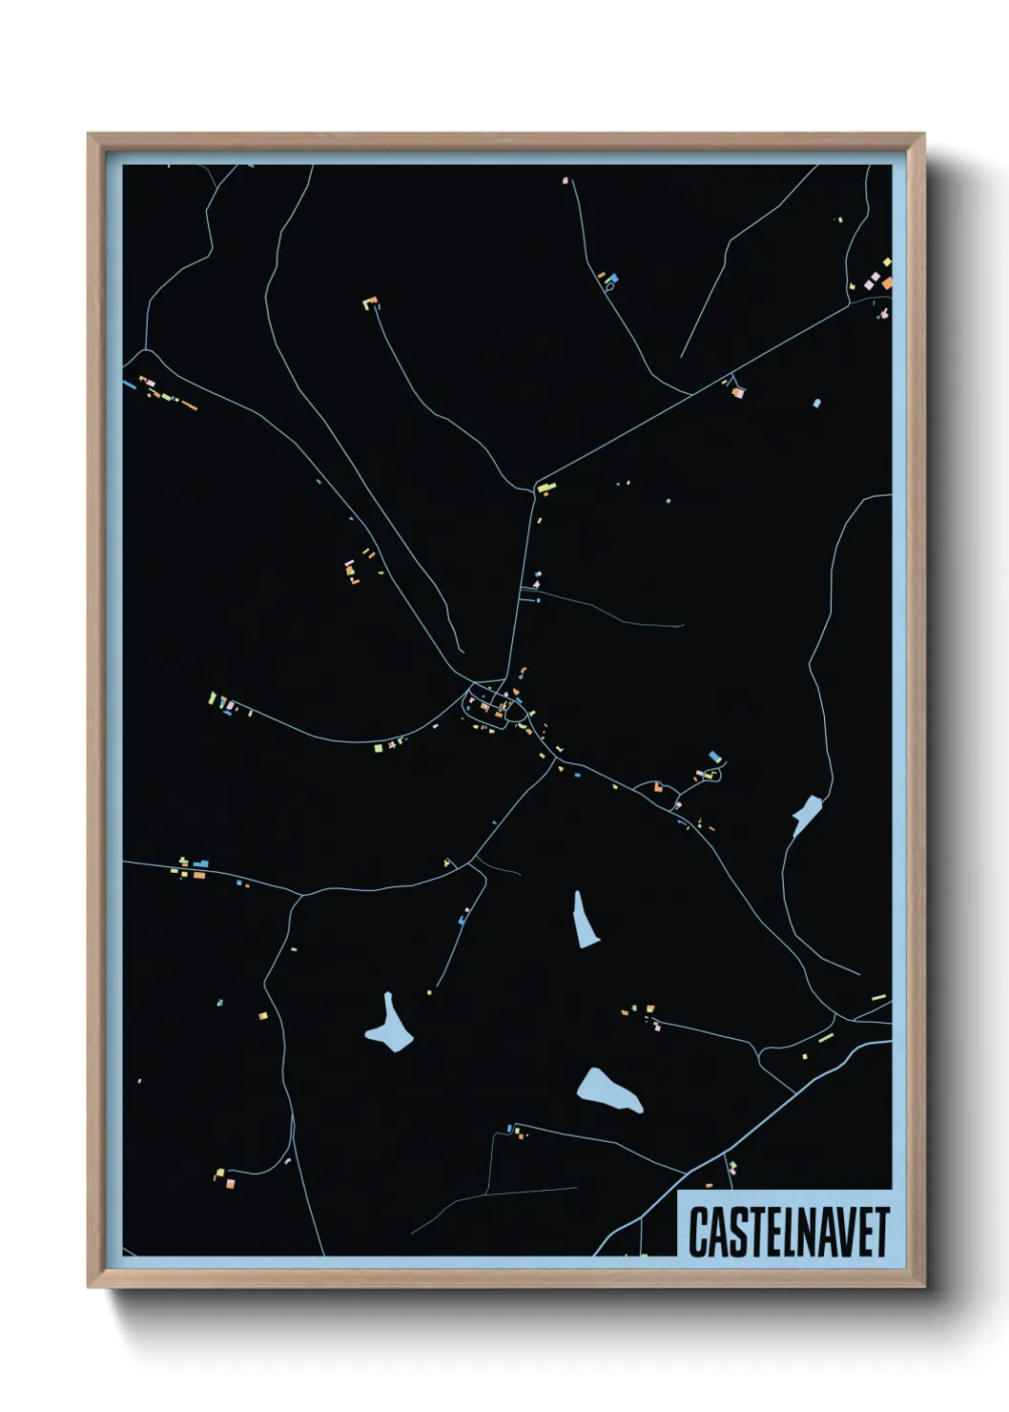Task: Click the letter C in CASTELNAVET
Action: (x=698, y=1233)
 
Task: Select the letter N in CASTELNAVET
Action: (x=808, y=1233)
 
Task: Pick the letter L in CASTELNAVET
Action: (x=788, y=1233)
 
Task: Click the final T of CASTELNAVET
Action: (x=882, y=1233)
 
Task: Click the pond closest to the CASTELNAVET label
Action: (x=608, y=1090)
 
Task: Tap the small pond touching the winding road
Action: (x=806, y=814)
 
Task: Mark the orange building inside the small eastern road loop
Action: (x=658, y=788)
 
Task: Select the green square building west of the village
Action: (x=379, y=748)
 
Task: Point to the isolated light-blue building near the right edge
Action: (x=816, y=404)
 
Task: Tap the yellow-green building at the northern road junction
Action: (x=546, y=488)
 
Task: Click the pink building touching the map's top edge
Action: (x=566, y=179)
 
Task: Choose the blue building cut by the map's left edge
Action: (x=129, y=384)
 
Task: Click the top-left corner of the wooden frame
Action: (x=89, y=135)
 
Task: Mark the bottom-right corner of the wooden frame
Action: (x=923, y=1286)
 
